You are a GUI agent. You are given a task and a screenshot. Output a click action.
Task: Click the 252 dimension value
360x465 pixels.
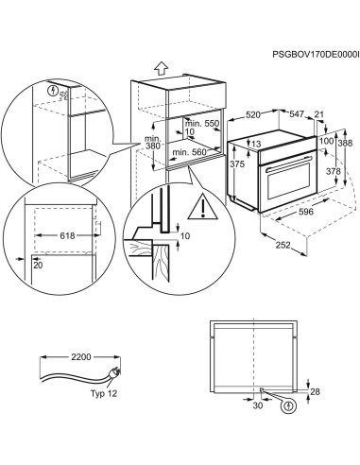(x=283, y=246)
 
